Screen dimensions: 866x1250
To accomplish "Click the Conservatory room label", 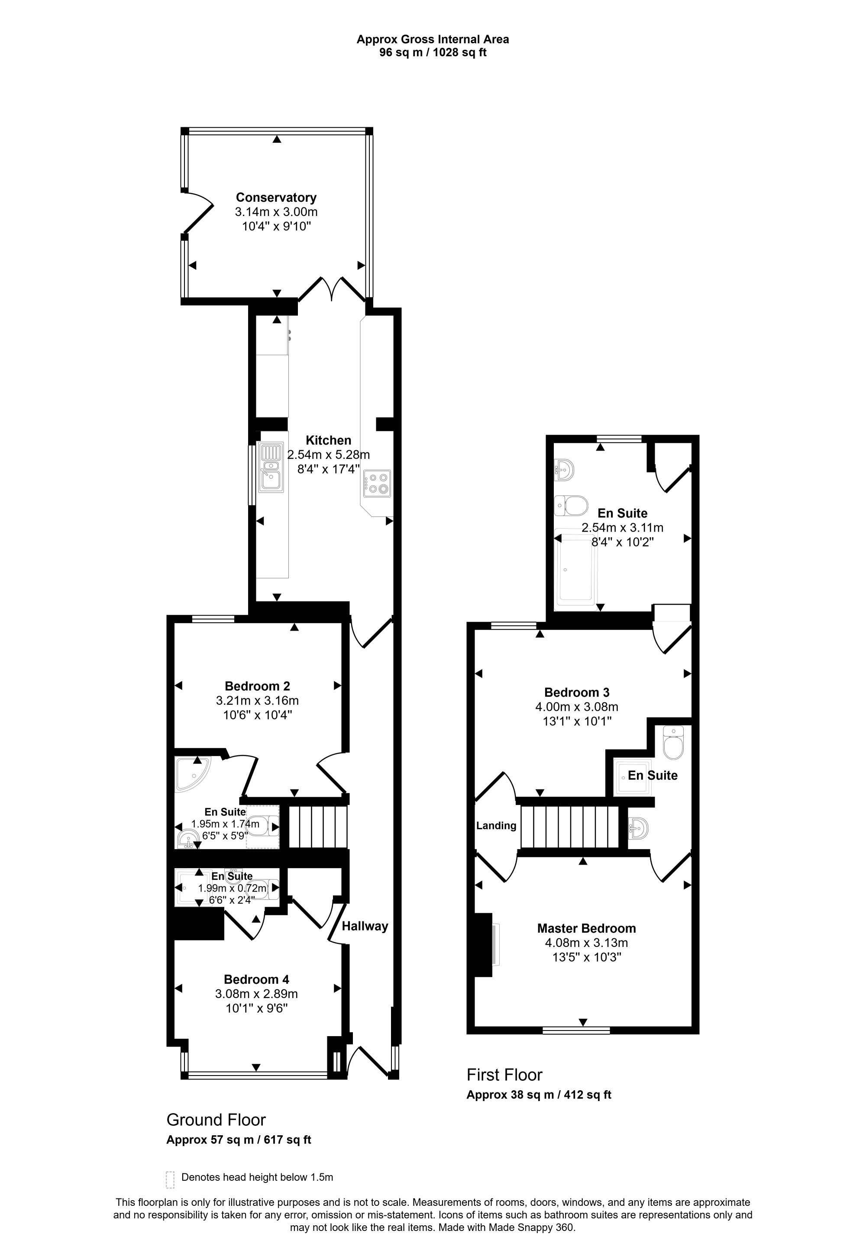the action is coord(276,197).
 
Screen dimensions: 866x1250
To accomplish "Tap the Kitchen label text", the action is coord(328,440).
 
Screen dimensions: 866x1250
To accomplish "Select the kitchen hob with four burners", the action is coord(377,483).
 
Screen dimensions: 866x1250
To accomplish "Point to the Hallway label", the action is coord(365,926).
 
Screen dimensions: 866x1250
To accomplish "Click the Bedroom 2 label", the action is coord(257,686).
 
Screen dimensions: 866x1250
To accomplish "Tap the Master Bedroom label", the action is coord(587,928).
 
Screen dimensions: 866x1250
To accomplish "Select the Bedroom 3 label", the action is coord(577,692).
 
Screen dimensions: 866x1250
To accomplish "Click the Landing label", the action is coord(496,826).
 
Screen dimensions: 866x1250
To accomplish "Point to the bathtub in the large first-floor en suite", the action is coord(576,570).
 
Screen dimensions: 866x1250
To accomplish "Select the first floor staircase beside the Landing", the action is coord(570,827).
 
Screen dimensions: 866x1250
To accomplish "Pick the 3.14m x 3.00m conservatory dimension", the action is coord(276,212).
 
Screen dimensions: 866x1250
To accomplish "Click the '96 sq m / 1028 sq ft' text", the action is coord(433,53).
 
